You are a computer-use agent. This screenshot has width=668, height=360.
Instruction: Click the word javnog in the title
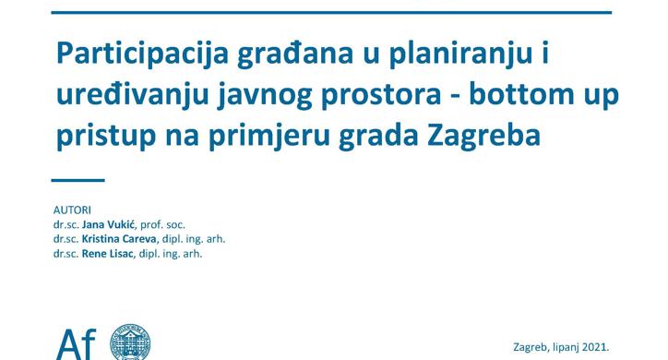[250, 96]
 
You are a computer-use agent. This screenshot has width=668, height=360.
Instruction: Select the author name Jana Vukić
[114, 224]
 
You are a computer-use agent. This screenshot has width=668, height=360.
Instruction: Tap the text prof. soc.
[177, 224]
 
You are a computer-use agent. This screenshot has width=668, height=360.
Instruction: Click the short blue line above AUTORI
[78, 181]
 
